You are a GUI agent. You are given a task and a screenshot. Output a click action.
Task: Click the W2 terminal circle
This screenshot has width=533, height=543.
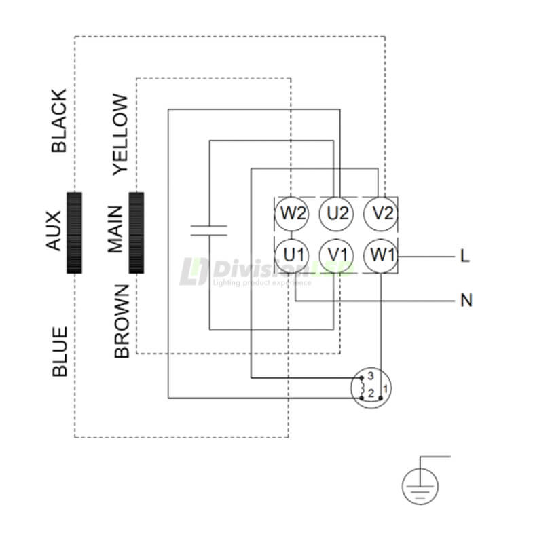pyautogui.click(x=293, y=213)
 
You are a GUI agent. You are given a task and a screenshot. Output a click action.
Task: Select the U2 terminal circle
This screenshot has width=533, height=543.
pyautogui.click(x=337, y=213)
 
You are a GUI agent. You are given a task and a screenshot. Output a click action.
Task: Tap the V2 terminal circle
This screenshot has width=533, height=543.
pyautogui.click(x=381, y=213)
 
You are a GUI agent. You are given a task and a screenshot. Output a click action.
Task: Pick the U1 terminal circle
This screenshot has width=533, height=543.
pyautogui.click(x=293, y=256)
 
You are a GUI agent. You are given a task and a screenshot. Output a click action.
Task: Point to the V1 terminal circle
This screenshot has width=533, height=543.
pyautogui.click(x=337, y=256)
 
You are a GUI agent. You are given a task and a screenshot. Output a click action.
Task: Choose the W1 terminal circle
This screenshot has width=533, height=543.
pyautogui.click(x=381, y=256)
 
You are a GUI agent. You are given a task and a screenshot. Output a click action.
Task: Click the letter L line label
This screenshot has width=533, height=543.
pyautogui.click(x=465, y=257)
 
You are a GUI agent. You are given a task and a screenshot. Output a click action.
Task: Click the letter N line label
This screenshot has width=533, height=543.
pyautogui.click(x=466, y=300)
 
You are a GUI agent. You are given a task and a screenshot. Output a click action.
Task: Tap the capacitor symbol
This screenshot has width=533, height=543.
pyautogui.click(x=210, y=229)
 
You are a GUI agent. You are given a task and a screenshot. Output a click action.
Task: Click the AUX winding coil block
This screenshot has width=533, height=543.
pyautogui.click(x=74, y=233)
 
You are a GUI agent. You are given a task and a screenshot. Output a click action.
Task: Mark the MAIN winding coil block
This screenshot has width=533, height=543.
pyautogui.click(x=136, y=233)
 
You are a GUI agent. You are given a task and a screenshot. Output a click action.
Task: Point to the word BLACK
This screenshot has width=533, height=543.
pyautogui.click(x=59, y=121)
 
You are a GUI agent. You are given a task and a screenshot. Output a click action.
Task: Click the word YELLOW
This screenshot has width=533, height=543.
pyautogui.click(x=121, y=134)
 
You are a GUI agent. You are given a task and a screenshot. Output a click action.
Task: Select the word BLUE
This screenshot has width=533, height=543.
pyautogui.click(x=59, y=352)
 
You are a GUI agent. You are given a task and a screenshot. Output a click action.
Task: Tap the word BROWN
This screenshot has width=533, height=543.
pyautogui.click(x=121, y=321)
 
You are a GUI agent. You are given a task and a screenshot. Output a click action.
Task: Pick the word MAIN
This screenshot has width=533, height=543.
pyautogui.click(x=116, y=230)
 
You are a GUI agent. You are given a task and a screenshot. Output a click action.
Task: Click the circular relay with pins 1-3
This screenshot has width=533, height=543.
pyautogui.click(x=371, y=388)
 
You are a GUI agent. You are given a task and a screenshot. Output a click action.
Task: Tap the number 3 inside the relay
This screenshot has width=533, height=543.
pyautogui.click(x=371, y=376)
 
